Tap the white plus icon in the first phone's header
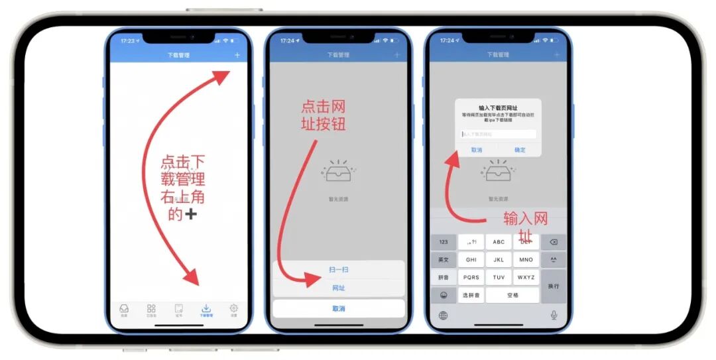click(x=237, y=55)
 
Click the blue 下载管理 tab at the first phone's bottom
click(x=206, y=310)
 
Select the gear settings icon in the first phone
click(x=233, y=310)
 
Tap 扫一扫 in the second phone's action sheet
click(x=338, y=270)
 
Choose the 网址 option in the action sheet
click(x=338, y=288)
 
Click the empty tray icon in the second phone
click(x=338, y=172)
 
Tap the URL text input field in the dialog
click(x=498, y=134)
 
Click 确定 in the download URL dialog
click(x=520, y=150)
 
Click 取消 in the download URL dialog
click(x=477, y=150)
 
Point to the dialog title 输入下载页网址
click(x=498, y=107)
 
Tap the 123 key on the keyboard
click(x=444, y=242)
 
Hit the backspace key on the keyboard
click(x=553, y=242)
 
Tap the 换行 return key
click(x=553, y=286)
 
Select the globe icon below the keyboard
click(x=443, y=315)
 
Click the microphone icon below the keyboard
click(x=554, y=315)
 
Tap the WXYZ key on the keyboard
click(x=526, y=277)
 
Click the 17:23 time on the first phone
click(x=128, y=40)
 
